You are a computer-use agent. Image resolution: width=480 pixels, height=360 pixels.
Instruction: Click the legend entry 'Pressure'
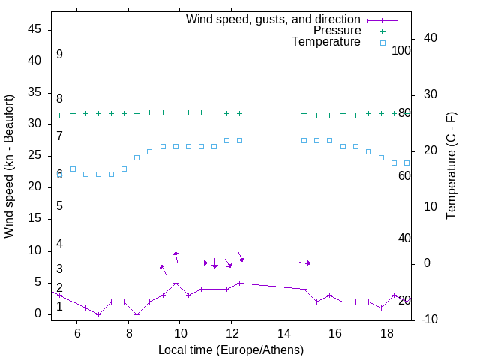(337, 31)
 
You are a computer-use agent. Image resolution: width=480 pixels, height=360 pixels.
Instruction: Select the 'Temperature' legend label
(326, 42)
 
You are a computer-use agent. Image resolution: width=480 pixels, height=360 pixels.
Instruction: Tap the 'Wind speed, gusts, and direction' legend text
(274, 19)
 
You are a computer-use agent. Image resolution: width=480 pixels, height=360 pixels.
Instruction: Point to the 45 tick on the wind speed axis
(34, 29)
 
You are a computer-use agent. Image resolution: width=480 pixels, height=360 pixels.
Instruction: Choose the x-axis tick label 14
(283, 334)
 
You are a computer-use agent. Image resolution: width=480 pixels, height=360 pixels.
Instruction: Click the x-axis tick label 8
(129, 334)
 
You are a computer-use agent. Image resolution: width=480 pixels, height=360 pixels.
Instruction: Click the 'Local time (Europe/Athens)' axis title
(231, 350)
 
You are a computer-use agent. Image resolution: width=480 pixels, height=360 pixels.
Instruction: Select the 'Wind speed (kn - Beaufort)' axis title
(10, 166)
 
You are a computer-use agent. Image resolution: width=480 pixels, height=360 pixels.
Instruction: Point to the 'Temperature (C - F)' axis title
(451, 166)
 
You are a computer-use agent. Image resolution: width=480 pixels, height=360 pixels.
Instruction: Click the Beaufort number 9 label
(59, 55)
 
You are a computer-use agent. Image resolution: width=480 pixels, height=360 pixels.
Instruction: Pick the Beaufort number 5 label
(59, 205)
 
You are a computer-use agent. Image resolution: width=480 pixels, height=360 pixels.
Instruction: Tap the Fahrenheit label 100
(402, 51)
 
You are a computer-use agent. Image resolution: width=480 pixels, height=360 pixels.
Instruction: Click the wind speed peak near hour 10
(175, 283)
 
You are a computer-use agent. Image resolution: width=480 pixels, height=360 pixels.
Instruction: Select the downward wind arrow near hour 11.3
(214, 262)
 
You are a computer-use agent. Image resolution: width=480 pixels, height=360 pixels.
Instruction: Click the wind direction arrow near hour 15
(304, 262)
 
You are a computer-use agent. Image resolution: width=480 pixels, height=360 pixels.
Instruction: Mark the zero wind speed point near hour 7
(98, 314)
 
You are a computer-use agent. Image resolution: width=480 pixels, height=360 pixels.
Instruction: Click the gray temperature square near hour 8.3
(136, 157)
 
